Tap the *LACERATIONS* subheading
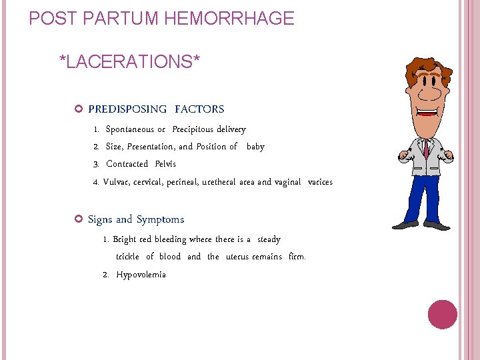(x=129, y=62)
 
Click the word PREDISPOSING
(x=127, y=109)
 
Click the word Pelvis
(x=165, y=164)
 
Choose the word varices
(x=320, y=182)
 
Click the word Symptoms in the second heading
(x=160, y=219)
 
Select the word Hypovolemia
(x=141, y=275)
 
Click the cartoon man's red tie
(x=425, y=148)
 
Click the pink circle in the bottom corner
(x=442, y=315)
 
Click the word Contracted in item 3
(x=127, y=164)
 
